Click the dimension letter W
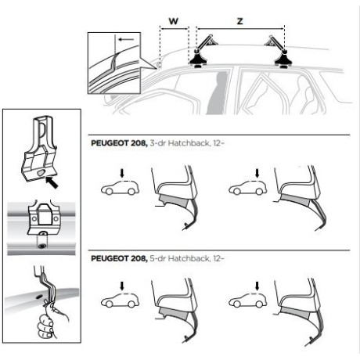pos(174,21)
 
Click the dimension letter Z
pos(240,21)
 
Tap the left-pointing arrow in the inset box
pos(126,40)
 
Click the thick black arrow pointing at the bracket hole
pos(52,182)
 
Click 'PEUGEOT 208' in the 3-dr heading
pos(119,143)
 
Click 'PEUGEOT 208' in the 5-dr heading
pos(119,258)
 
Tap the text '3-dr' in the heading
pos(157,143)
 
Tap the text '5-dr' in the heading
pos(157,258)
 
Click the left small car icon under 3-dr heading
pos(120,188)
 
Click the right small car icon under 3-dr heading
pos(248,188)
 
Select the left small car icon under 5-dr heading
pos(120,301)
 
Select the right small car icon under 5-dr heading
pos(248,301)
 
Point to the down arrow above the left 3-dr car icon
pos(122,173)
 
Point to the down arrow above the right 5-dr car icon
pos(257,286)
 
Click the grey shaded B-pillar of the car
pos(218,92)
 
